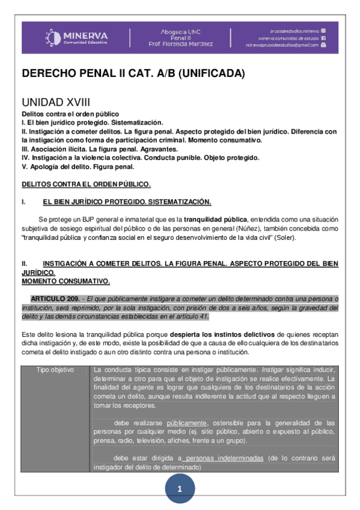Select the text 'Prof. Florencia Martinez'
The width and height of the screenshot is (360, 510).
180,44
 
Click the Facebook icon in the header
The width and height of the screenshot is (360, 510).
323,37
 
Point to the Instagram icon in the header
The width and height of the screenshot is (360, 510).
323,30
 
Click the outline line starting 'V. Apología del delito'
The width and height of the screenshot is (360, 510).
78,167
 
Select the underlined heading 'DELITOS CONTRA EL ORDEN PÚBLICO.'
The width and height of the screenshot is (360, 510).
86,183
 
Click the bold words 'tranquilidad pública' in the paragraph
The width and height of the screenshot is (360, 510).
215,219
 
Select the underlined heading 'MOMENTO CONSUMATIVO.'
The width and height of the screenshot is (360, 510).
66,281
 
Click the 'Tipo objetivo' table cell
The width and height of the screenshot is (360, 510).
55,369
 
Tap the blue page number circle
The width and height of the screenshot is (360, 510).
179,490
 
